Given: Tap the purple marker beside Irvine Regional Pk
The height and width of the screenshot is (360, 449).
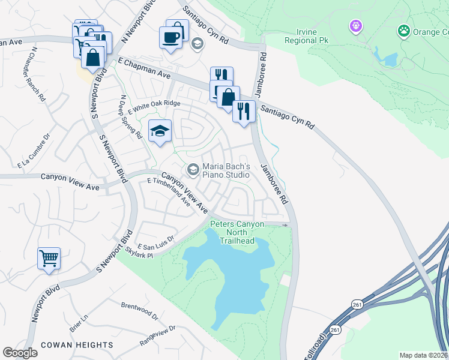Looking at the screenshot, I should click(x=356, y=26).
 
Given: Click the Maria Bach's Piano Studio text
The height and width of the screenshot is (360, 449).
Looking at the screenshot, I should click(x=225, y=170).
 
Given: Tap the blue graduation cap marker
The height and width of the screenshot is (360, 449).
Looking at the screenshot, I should click(x=160, y=131).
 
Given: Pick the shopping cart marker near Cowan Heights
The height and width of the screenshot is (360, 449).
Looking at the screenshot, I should click(x=49, y=259).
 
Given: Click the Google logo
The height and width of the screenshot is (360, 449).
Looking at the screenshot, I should click(x=20, y=353).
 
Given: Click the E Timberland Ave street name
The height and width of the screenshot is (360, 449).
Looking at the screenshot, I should click(x=169, y=192).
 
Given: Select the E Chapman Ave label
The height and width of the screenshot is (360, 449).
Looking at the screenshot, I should click(x=144, y=68).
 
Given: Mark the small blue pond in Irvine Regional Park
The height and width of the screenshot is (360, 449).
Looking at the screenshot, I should click(x=387, y=58).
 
